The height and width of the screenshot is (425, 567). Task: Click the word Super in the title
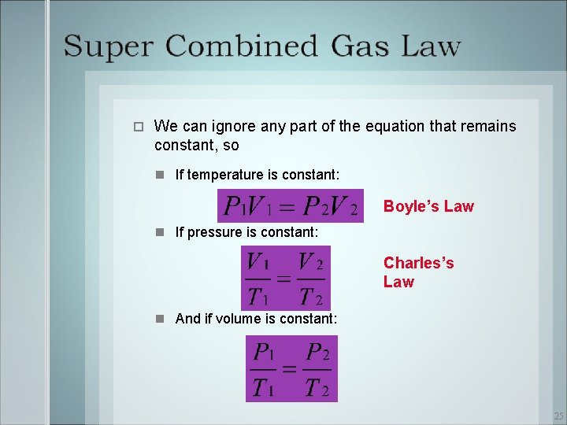(x=107, y=46)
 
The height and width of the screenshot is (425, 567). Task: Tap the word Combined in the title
(x=240, y=46)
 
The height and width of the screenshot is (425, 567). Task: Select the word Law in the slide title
(x=432, y=46)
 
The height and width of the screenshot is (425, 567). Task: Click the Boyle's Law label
(x=428, y=206)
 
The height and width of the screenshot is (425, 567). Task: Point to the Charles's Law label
(x=418, y=272)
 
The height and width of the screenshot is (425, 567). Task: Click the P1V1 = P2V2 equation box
(x=291, y=205)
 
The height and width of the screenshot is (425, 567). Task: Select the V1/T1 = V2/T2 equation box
(x=286, y=278)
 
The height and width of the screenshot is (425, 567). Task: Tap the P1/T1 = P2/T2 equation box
(x=291, y=368)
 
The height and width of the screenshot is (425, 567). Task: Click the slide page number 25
(x=558, y=416)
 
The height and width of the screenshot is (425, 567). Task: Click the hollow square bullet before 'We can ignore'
(x=137, y=127)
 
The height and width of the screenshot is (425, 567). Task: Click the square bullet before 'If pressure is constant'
(x=160, y=232)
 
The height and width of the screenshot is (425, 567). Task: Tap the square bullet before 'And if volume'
(x=160, y=319)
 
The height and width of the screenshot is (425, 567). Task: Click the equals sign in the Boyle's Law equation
(x=288, y=207)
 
